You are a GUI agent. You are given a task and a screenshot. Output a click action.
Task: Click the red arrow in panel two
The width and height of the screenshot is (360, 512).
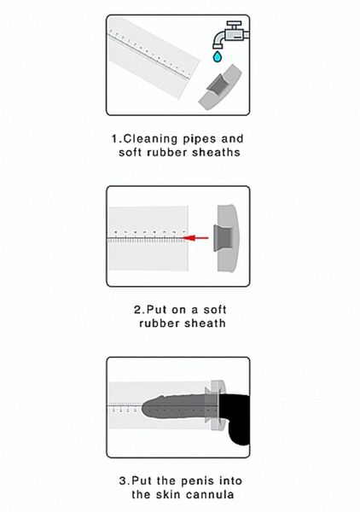pyautogui.click(x=200, y=239)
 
